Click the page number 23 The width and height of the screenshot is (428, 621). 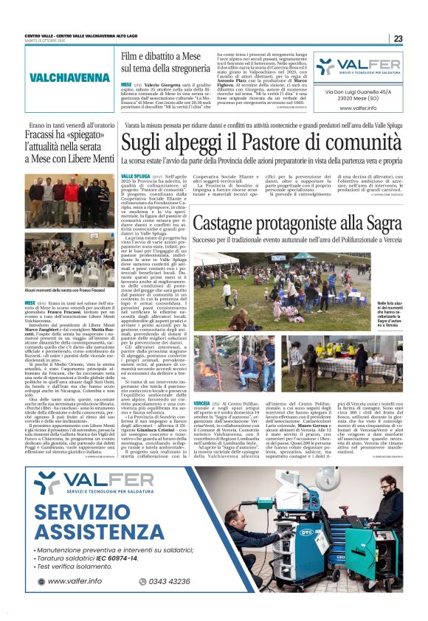point(397,38)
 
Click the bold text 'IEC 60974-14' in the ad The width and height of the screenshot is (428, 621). point(131,559)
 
